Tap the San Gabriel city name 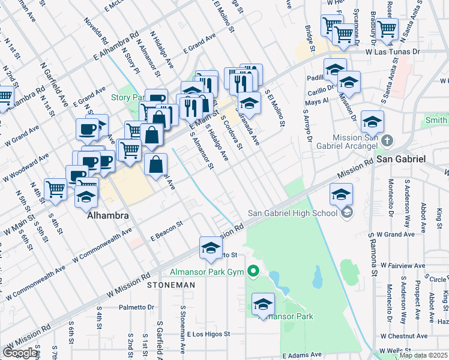[x=401, y=159]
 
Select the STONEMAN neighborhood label [x=169, y=285]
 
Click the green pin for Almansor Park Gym [x=253, y=272]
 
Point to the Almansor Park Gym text [x=208, y=272]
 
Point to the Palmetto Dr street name [x=136, y=307]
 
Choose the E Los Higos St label [x=208, y=334]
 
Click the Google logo [x=20, y=353]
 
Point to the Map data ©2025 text [x=423, y=355]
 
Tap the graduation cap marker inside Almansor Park [x=263, y=305]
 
